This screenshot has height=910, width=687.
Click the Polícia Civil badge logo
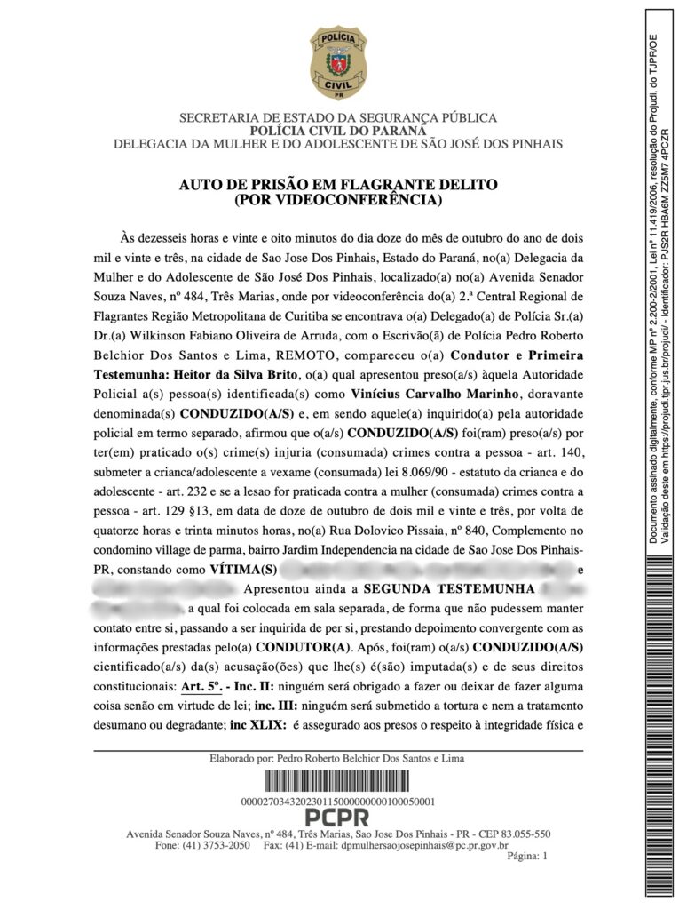[337, 63]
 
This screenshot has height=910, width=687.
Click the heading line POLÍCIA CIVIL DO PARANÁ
[337, 131]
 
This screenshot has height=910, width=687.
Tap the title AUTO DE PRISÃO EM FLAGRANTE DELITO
[337, 185]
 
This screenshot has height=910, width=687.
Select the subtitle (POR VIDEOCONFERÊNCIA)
[337, 200]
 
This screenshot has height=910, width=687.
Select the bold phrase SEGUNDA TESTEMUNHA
[448, 589]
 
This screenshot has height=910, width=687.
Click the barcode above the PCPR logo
[337, 782]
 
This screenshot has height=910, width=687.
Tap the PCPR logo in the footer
[337, 818]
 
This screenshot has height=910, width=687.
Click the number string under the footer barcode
[337, 802]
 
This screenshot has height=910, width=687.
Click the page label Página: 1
[528, 857]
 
